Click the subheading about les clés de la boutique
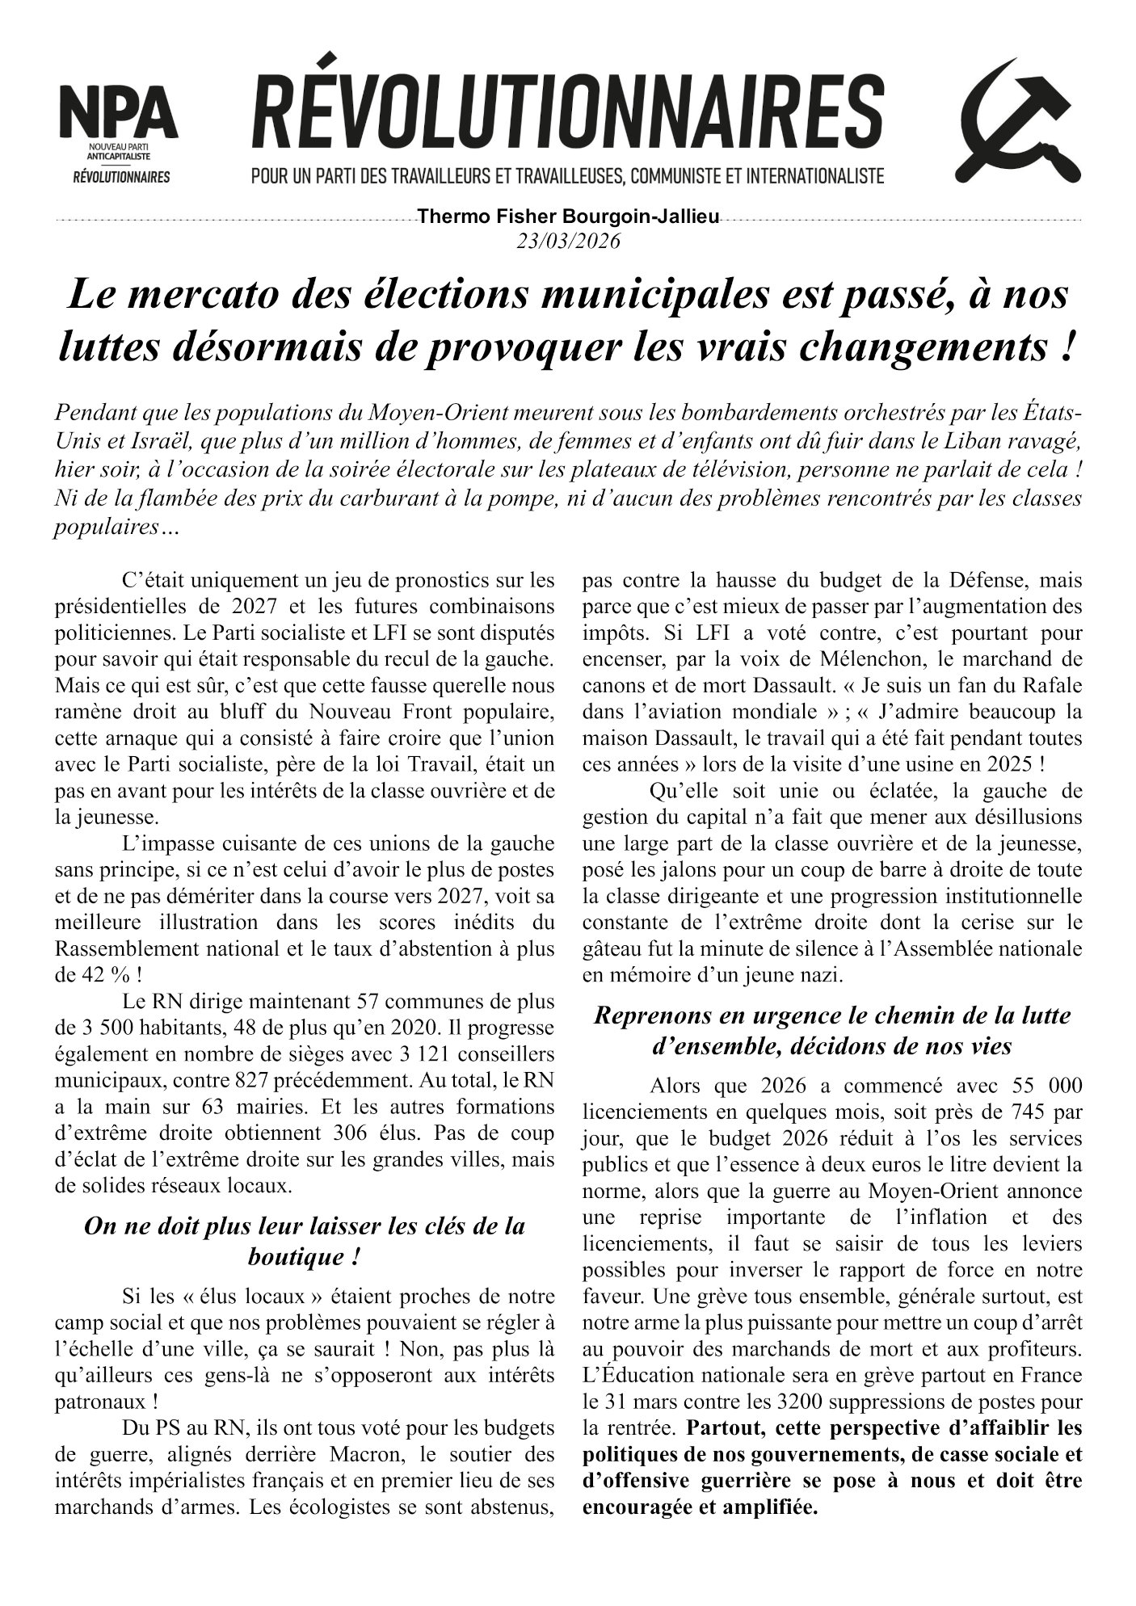[305, 1240]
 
